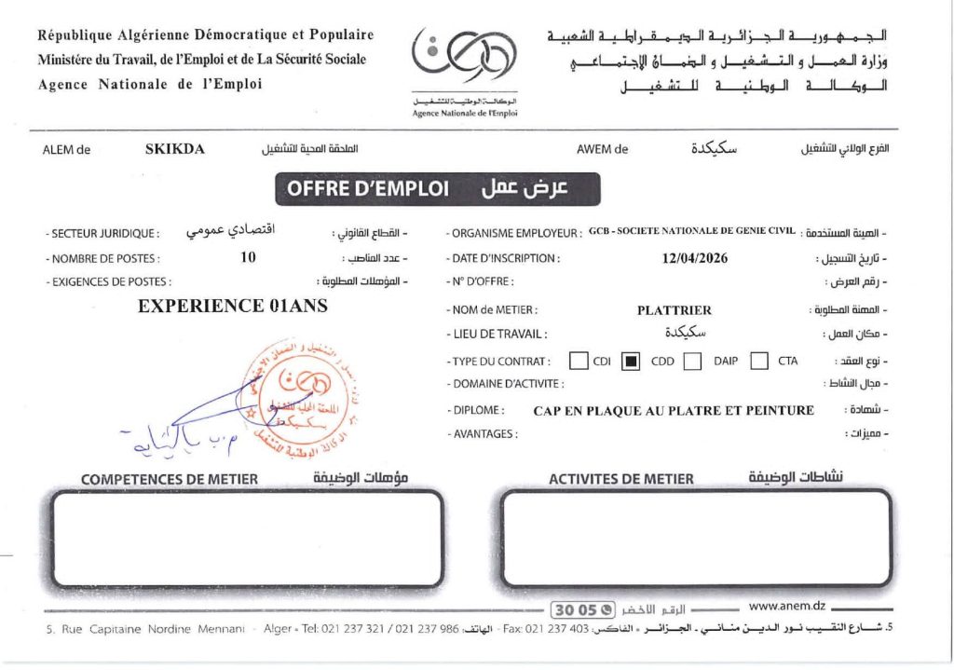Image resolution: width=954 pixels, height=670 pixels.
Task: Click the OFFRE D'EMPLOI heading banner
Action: click(438, 189)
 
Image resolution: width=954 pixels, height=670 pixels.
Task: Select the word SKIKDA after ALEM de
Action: click(174, 147)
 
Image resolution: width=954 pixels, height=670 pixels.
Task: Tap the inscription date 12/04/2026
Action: click(694, 258)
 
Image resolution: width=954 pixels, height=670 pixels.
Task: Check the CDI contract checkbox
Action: click(579, 361)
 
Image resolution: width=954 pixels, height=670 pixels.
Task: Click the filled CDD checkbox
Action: click(631, 361)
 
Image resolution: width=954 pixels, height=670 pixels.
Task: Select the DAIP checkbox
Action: click(692, 361)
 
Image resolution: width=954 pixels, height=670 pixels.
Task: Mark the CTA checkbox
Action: click(759, 361)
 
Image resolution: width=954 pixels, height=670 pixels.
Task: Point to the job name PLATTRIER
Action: click(675, 309)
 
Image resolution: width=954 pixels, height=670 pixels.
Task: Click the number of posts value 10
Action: click(248, 258)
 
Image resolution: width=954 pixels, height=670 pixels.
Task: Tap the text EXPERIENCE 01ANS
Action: click(233, 305)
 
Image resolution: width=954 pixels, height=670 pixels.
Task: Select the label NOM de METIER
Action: click(494, 309)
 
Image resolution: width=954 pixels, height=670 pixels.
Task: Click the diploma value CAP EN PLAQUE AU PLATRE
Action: click(674, 410)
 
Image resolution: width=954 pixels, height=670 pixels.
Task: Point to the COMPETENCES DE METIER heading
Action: click(170, 479)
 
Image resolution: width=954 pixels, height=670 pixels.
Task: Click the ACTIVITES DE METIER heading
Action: click(621, 479)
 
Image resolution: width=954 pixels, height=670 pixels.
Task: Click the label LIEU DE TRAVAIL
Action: click(497, 334)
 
